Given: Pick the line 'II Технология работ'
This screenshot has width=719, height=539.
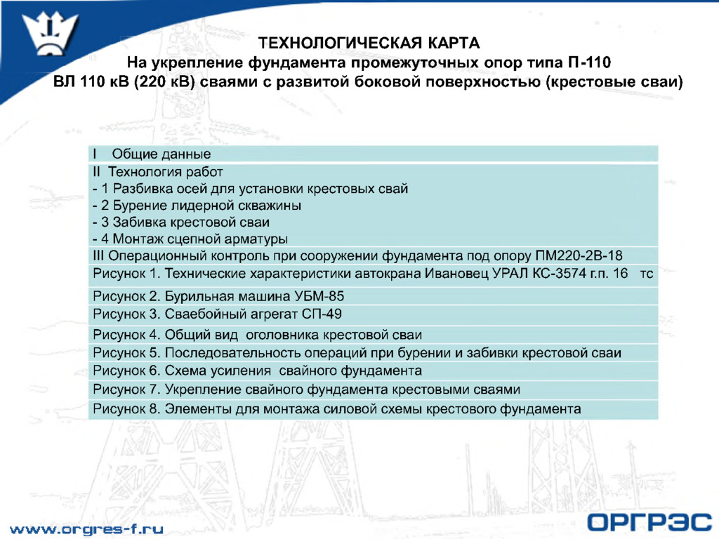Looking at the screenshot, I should pos(158,171).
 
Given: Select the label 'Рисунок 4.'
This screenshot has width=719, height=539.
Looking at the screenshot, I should pos(126,335).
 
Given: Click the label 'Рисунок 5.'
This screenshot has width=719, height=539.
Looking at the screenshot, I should pos(126,353).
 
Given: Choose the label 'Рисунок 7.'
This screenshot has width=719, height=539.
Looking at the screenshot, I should pos(126,390).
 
